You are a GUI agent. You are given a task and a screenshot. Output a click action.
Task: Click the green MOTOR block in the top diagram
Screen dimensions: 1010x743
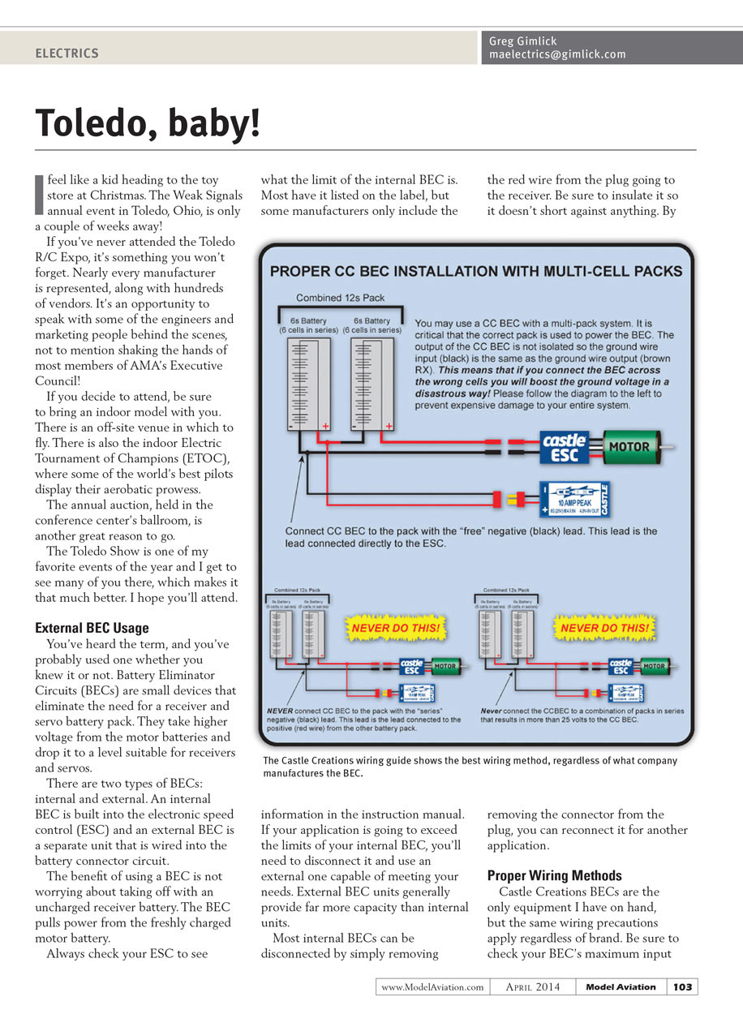point(629,446)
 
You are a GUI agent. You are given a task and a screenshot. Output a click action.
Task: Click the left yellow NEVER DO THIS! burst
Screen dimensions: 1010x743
point(395,628)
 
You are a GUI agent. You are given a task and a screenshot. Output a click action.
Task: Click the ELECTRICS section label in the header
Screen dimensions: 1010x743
point(67,54)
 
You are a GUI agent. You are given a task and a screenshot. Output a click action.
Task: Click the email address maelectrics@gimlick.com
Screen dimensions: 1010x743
point(557,54)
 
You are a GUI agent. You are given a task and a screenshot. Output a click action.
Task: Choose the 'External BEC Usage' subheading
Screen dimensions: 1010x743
point(92,628)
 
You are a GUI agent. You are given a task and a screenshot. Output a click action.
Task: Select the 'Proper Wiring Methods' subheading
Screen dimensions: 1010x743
point(554,875)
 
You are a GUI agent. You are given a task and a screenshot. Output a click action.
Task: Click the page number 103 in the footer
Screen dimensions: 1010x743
point(682,986)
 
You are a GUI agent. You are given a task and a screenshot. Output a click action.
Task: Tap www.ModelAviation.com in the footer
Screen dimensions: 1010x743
point(432,986)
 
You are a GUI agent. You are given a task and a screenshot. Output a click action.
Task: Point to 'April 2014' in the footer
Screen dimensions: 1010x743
point(532,986)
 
